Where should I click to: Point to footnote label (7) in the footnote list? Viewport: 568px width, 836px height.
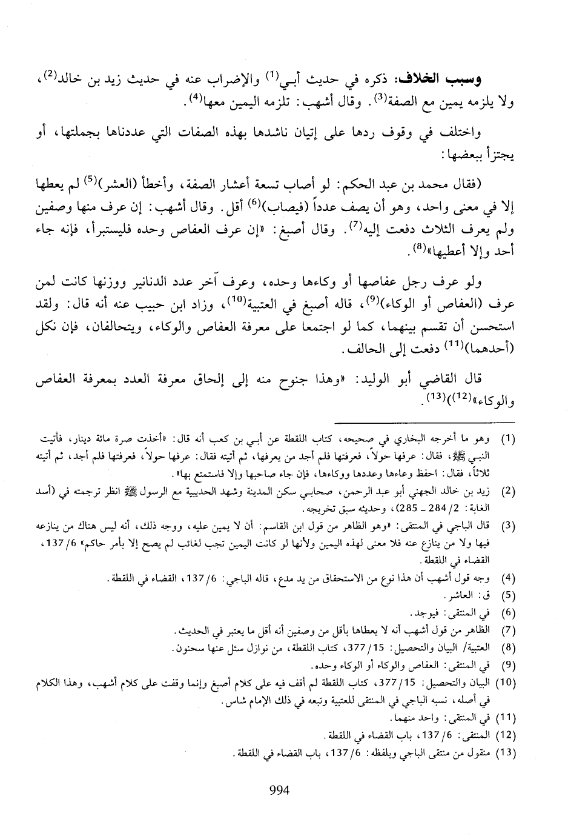coord(510,631)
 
